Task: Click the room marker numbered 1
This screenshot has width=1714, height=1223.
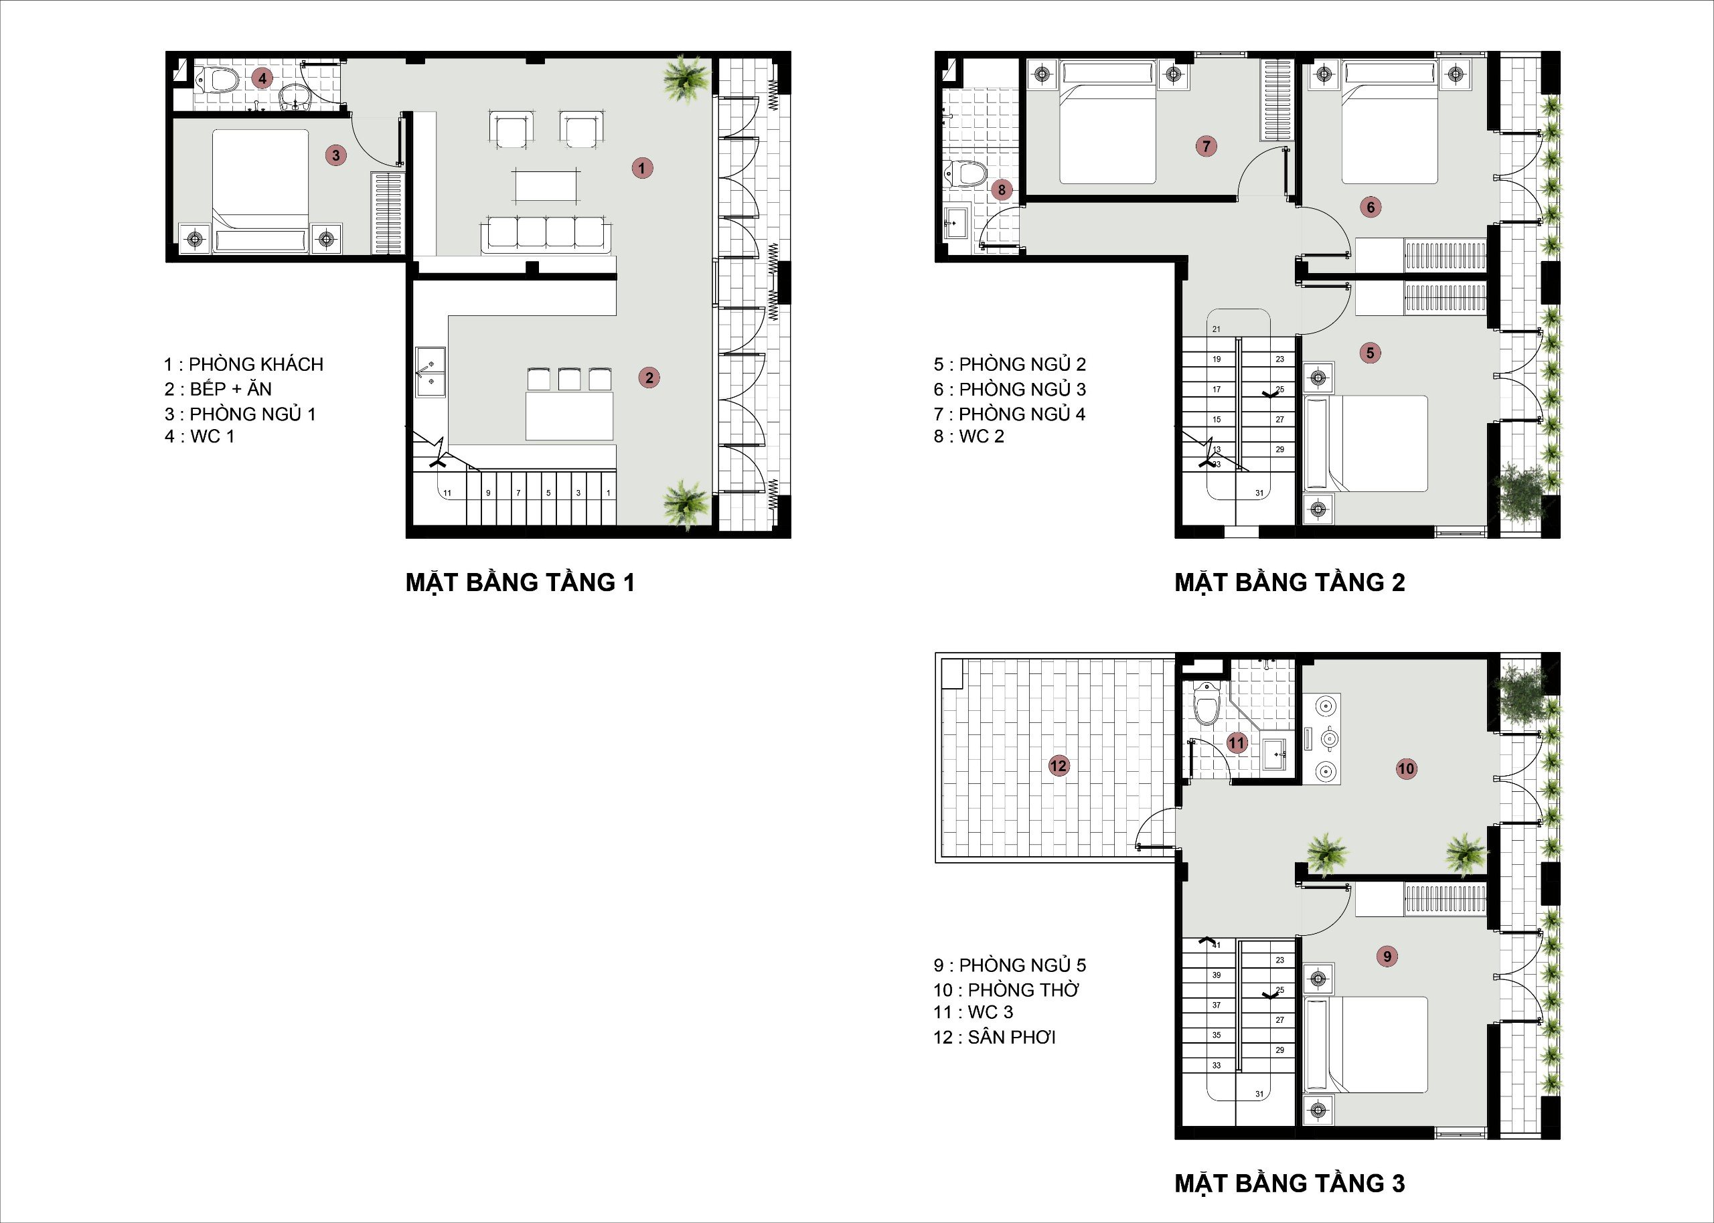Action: [x=641, y=168]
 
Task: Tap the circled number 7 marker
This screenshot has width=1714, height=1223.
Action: [x=1206, y=146]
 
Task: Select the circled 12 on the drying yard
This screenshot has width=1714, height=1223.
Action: [x=1058, y=766]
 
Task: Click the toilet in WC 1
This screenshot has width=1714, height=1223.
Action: [x=218, y=80]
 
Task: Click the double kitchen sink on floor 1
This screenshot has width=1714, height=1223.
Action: [x=431, y=372]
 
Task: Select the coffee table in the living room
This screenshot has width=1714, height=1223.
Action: [x=546, y=185]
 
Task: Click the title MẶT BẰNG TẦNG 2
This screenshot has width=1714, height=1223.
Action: [x=1290, y=582]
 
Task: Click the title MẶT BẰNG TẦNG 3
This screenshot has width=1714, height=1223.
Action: [x=1290, y=1183]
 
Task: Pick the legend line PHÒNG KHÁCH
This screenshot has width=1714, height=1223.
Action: [x=244, y=363]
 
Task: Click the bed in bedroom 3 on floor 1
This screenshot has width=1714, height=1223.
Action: [x=260, y=192]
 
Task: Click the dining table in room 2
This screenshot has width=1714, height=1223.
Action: [x=569, y=415]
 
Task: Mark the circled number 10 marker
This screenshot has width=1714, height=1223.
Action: [x=1406, y=768]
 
